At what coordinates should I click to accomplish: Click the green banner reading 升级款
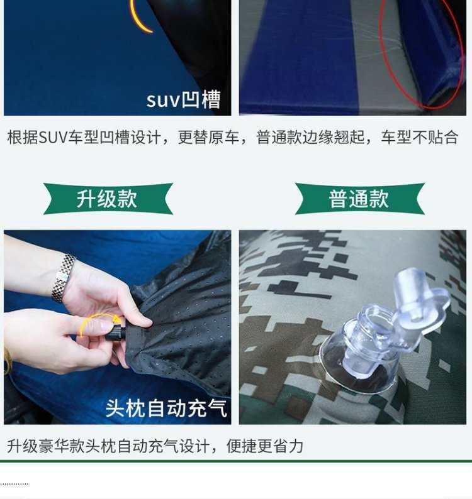(108, 199)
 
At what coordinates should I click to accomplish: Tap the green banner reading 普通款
(359, 199)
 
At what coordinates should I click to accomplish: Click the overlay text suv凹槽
(183, 99)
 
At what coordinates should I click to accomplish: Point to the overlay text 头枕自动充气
(166, 408)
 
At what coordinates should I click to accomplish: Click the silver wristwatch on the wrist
(63, 278)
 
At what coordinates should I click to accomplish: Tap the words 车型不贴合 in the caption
(420, 138)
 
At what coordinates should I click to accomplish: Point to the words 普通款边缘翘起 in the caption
(310, 138)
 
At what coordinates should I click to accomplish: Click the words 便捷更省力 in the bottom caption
(265, 446)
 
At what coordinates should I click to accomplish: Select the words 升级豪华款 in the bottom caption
(45, 446)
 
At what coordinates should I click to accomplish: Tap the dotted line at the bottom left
(14, 484)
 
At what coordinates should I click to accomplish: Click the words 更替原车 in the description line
(208, 138)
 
